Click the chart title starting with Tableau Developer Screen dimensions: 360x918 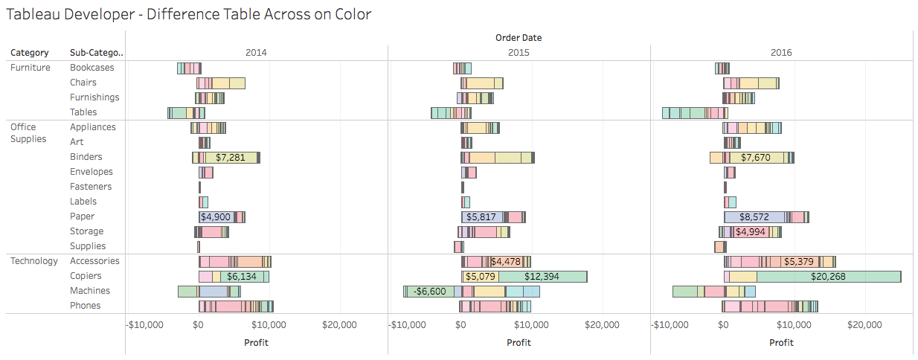click(x=188, y=14)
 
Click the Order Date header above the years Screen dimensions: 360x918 click(x=519, y=37)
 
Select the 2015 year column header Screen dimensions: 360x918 click(x=519, y=53)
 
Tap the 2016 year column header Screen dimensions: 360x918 click(x=781, y=53)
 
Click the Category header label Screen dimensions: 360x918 click(x=30, y=53)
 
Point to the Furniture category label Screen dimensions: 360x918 click(x=31, y=68)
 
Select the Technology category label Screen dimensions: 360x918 click(x=34, y=261)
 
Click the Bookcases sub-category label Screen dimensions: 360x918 click(x=92, y=68)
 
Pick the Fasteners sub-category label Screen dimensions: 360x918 click(x=91, y=187)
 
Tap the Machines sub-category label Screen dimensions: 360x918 click(x=90, y=291)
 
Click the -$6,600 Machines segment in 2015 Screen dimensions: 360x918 click(x=430, y=292)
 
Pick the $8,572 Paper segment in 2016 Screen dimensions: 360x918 click(x=754, y=217)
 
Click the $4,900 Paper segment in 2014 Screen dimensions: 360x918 click(x=216, y=217)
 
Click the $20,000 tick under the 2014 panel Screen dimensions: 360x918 click(x=339, y=324)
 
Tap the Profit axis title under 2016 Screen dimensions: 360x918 click(x=781, y=342)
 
